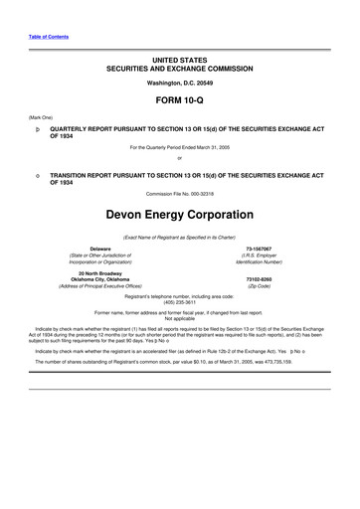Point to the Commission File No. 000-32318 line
179,193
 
